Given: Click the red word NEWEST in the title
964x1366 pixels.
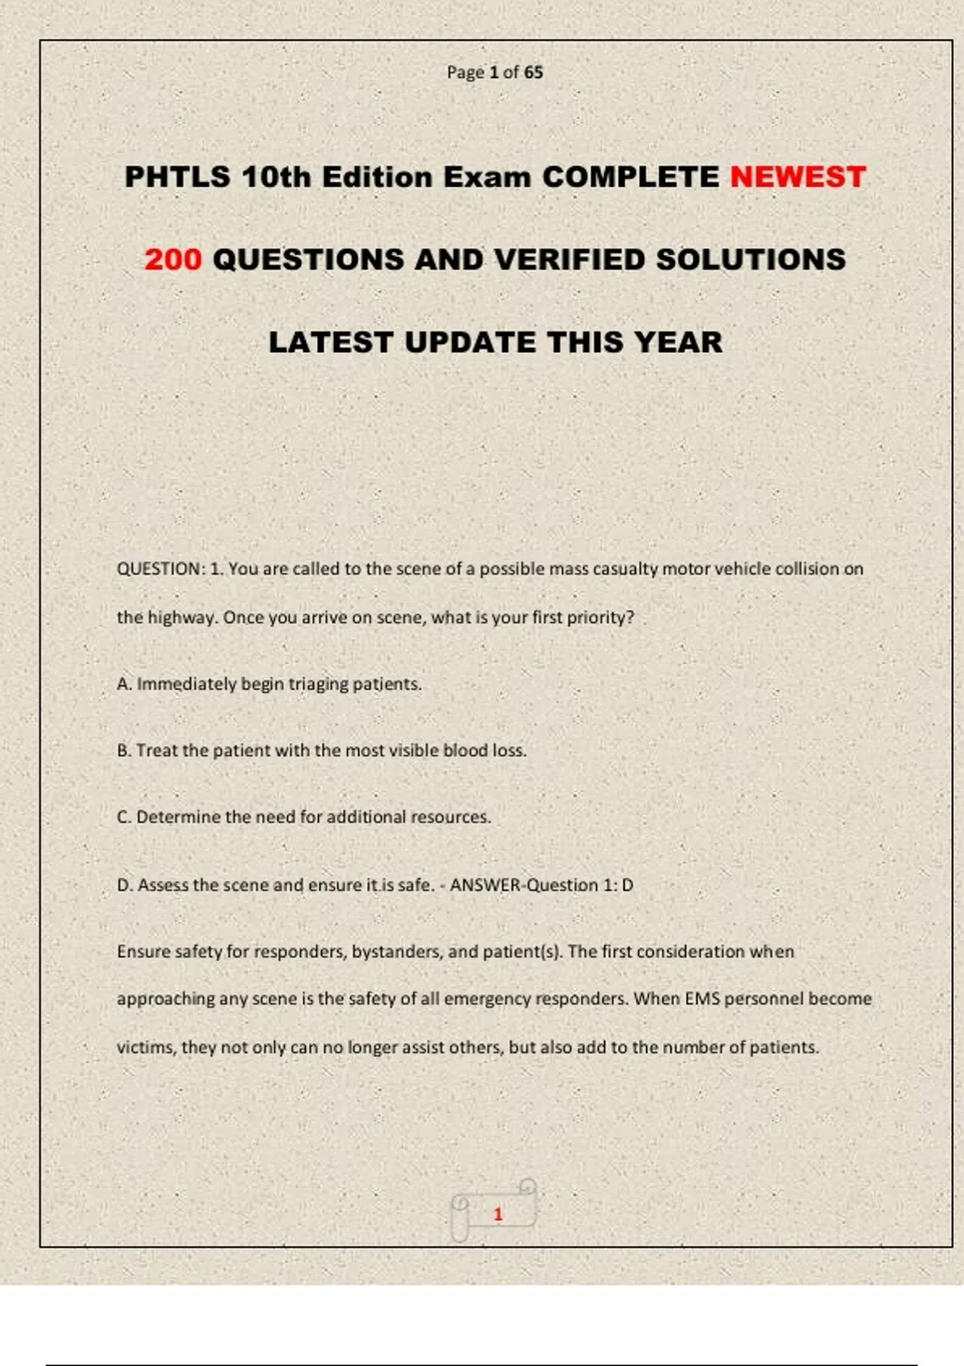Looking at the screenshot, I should point(798,177).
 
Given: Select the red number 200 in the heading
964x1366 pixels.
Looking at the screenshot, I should point(173,260).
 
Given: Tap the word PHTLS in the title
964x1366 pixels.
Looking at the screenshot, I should point(178,177).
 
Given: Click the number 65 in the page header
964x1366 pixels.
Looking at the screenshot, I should point(533,72).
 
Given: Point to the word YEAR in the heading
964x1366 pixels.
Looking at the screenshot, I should point(678,342).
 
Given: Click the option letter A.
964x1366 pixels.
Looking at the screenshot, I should point(124,684).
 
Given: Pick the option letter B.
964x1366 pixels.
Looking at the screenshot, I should point(124,750).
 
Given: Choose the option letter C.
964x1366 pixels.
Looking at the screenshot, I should point(124,817).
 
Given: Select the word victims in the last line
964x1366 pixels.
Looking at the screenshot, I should point(145,1048).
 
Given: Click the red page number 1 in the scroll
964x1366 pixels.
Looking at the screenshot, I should point(498,1214).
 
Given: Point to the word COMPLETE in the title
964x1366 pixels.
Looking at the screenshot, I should point(631,177).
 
